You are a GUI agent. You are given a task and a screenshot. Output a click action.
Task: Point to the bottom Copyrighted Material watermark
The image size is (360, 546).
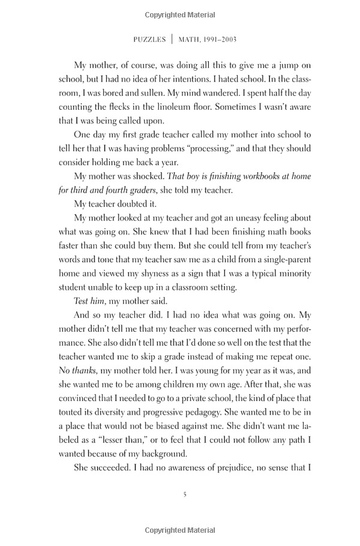180,530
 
